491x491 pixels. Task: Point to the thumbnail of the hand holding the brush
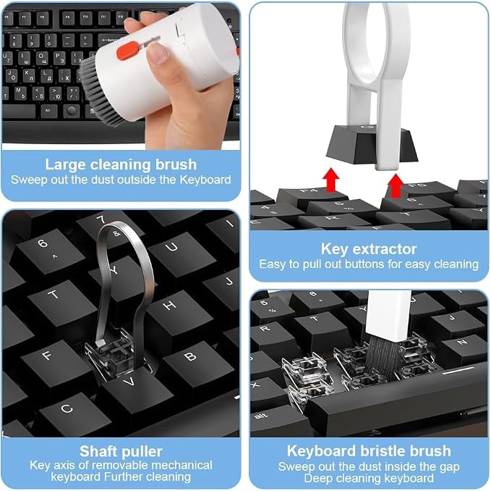(x=157, y=54)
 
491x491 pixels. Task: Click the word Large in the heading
(x=65, y=164)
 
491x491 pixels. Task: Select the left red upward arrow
(x=331, y=180)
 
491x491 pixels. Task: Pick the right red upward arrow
(x=396, y=185)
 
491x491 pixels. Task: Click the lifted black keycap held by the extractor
(x=371, y=144)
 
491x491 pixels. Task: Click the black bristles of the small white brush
(x=383, y=358)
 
